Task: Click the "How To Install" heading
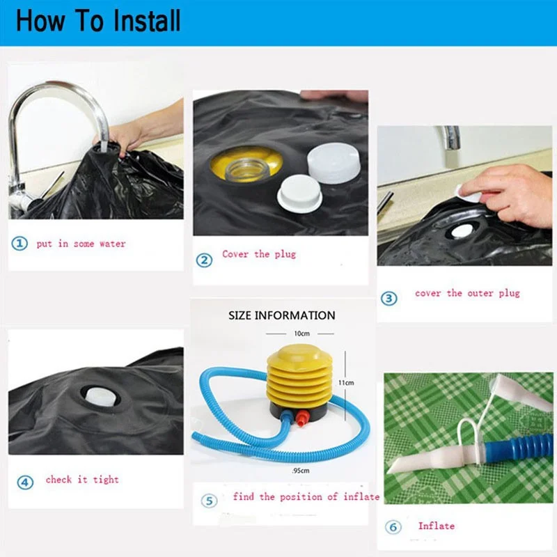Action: coord(98,21)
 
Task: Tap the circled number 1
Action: coord(19,244)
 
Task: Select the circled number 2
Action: coord(204,260)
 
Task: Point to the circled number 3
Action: coord(389,299)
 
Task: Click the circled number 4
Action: coord(25,483)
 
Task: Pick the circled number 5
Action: coord(210,501)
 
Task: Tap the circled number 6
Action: coord(393,527)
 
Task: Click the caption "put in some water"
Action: coord(81,244)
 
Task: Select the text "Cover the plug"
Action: coord(259,254)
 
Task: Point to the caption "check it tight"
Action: coord(82,480)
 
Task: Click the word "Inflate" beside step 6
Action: coord(437,526)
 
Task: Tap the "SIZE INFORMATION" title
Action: coord(282,315)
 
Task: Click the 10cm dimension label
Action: coord(301,334)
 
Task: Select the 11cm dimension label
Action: coord(346,382)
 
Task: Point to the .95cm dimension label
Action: coord(301,471)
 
